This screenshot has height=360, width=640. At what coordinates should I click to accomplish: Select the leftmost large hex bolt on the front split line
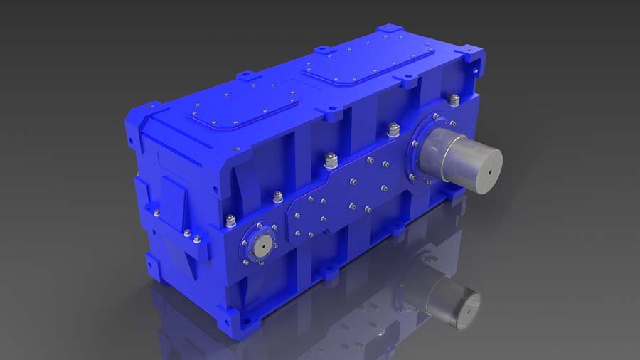click(x=230, y=221)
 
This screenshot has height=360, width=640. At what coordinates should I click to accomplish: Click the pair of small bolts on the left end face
click(x=191, y=236)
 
